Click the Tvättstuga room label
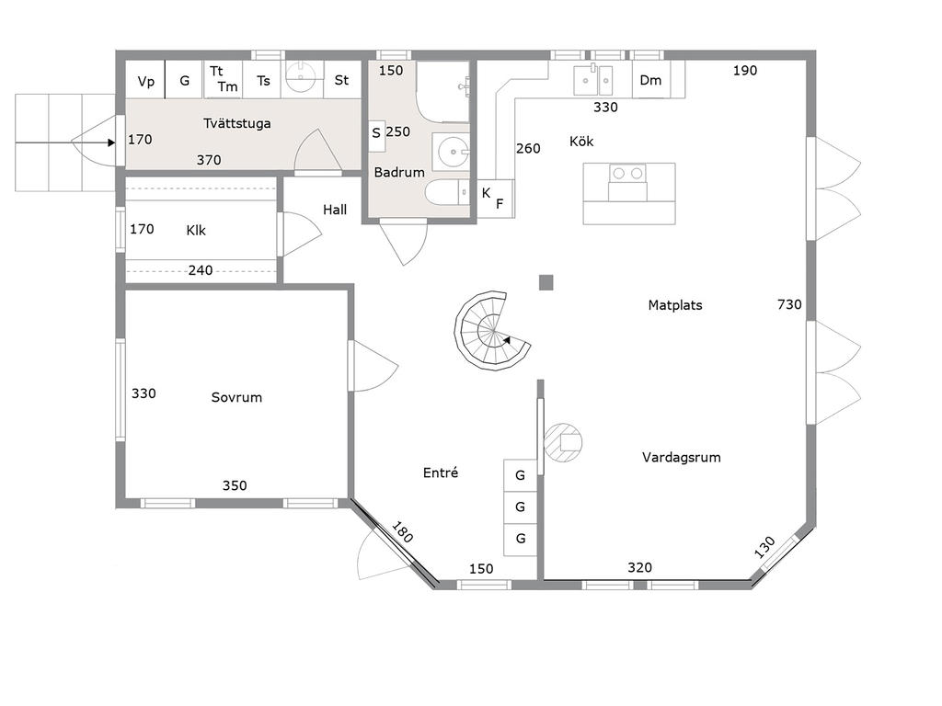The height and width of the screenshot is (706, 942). click(236, 124)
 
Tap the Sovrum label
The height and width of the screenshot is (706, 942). click(236, 397)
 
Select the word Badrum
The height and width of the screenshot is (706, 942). click(399, 172)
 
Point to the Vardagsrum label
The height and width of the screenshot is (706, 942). click(682, 458)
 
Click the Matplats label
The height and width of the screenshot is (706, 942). click(675, 305)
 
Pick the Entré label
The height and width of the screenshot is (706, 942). click(441, 473)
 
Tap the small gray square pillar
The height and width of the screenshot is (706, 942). click(546, 282)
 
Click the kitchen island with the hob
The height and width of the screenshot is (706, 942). click(628, 193)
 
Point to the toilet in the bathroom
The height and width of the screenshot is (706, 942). click(447, 193)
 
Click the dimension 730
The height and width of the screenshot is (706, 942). click(789, 305)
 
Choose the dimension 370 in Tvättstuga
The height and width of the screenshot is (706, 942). click(209, 160)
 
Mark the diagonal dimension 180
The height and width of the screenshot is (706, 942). click(402, 532)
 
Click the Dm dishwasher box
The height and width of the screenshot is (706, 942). click(650, 80)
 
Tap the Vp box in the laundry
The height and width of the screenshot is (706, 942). click(145, 80)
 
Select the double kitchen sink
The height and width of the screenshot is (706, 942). click(593, 81)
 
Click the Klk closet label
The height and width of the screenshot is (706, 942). click(196, 231)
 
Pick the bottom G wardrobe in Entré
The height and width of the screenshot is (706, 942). click(521, 539)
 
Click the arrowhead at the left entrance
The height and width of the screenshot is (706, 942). click(111, 142)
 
